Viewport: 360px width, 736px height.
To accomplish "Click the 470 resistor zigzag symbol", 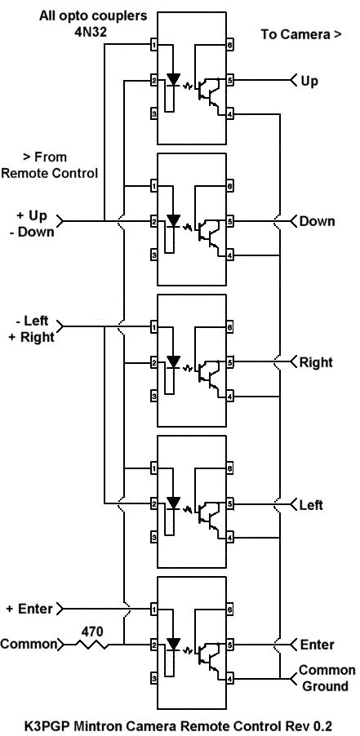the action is (x=92, y=645).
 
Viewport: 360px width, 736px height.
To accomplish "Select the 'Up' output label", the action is (x=309, y=82).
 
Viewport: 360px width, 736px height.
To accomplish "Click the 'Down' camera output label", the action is (x=318, y=221).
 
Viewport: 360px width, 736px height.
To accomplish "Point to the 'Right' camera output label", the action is (x=316, y=362).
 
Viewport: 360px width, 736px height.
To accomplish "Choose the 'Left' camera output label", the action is (x=312, y=505).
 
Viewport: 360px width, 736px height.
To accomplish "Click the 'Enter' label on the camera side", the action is (x=318, y=645).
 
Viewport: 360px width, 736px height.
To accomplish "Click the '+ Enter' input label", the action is (x=29, y=610).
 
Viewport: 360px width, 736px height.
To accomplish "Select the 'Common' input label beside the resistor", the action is (x=28, y=645).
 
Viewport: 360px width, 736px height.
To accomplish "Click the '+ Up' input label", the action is (x=32, y=216).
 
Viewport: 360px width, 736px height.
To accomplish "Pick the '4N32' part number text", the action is (x=93, y=30).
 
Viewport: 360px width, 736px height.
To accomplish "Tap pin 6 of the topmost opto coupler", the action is (x=230, y=46).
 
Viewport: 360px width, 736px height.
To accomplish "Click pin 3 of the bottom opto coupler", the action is (x=153, y=679).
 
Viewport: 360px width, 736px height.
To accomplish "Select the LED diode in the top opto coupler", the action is (x=174, y=80).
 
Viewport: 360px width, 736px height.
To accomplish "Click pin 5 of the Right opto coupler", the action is (x=230, y=362).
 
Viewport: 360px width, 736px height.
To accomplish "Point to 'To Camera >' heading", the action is (x=301, y=34).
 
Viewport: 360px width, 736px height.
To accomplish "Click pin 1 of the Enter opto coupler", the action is (x=153, y=610).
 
